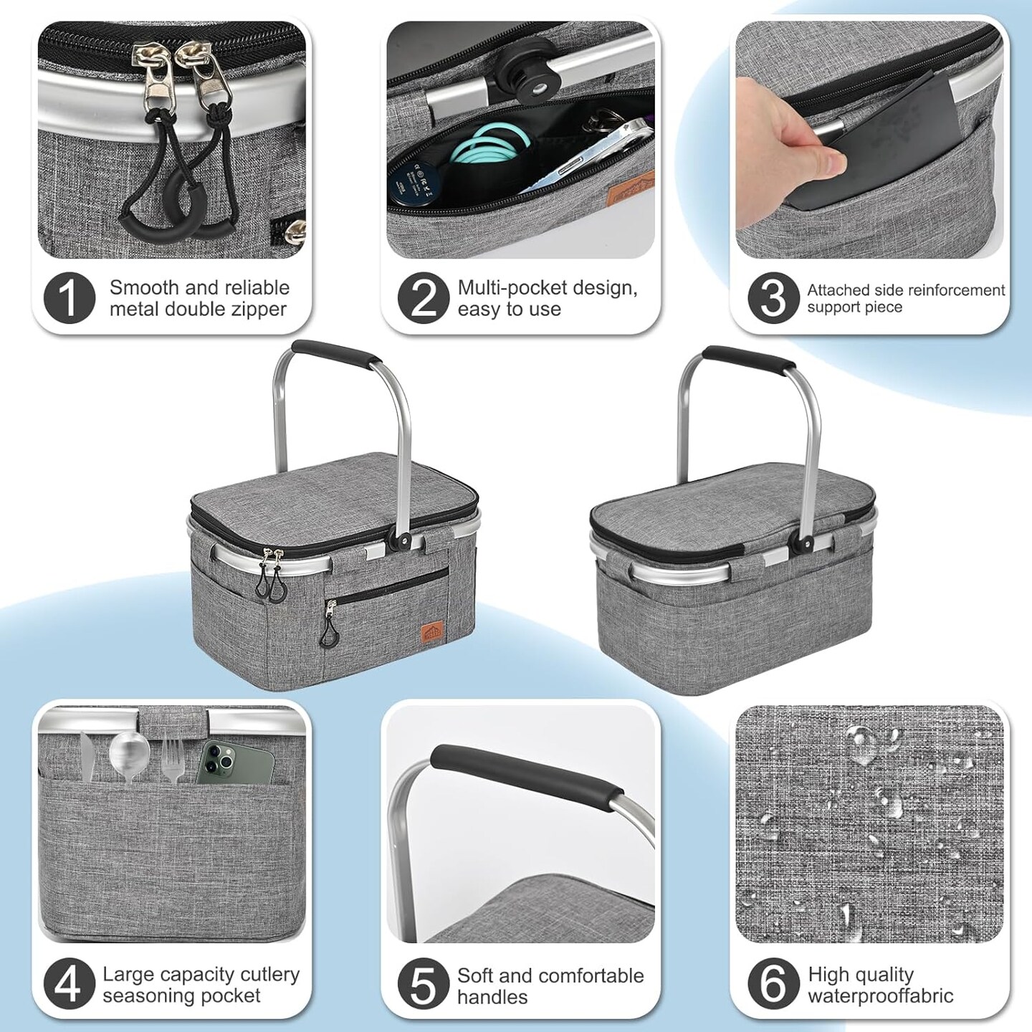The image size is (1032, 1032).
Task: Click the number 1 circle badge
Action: coord(69,297)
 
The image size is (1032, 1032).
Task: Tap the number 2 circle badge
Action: coord(423,297)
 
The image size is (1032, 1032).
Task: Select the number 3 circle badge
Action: coord(773,297)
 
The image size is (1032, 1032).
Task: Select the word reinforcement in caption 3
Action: coord(940,290)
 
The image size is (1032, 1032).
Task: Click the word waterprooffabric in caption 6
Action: coord(881,995)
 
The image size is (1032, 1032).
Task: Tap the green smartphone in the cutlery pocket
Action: coord(236,762)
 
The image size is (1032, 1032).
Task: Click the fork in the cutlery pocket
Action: coord(171,757)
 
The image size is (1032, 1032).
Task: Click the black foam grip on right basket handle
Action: coord(749,357)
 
